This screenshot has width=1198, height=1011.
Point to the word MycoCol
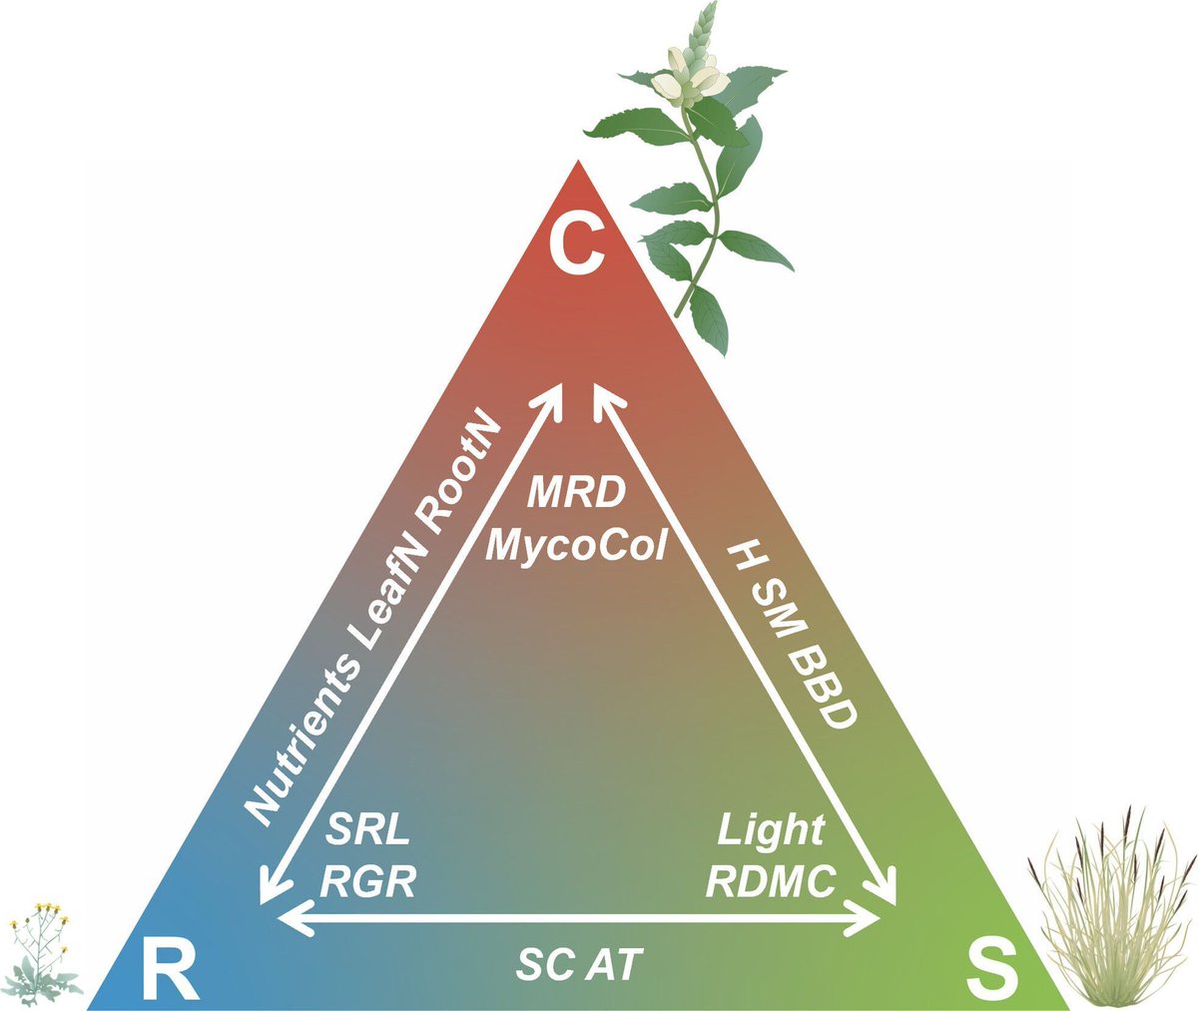point(575,547)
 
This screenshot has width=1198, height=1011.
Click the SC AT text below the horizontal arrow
point(580,963)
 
